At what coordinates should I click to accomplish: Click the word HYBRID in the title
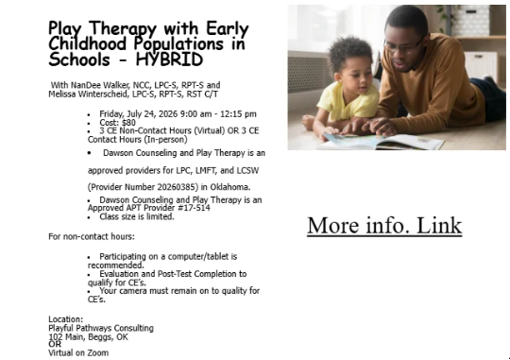click(169, 60)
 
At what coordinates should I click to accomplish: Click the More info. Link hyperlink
click(384, 225)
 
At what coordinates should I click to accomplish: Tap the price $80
click(128, 123)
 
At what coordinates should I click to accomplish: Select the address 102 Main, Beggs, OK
click(88, 337)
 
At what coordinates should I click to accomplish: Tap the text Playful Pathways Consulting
click(101, 328)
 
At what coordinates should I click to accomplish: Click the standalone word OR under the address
click(55, 344)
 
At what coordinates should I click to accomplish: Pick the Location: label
click(66, 319)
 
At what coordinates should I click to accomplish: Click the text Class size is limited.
click(137, 216)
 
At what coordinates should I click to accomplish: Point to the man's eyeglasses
click(403, 45)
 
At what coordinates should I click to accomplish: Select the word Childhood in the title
click(87, 44)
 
